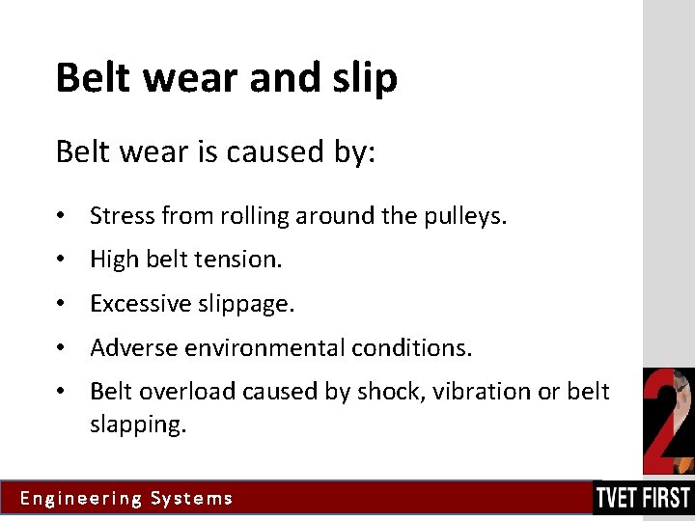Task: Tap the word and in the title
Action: coord(282,77)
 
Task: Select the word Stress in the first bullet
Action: coord(123,216)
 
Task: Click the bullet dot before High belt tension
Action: coord(61,260)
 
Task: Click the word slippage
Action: coord(246,305)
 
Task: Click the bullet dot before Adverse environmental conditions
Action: coord(61,347)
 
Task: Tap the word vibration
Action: coord(467,392)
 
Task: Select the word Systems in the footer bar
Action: coord(192,499)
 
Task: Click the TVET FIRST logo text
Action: coord(643,498)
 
